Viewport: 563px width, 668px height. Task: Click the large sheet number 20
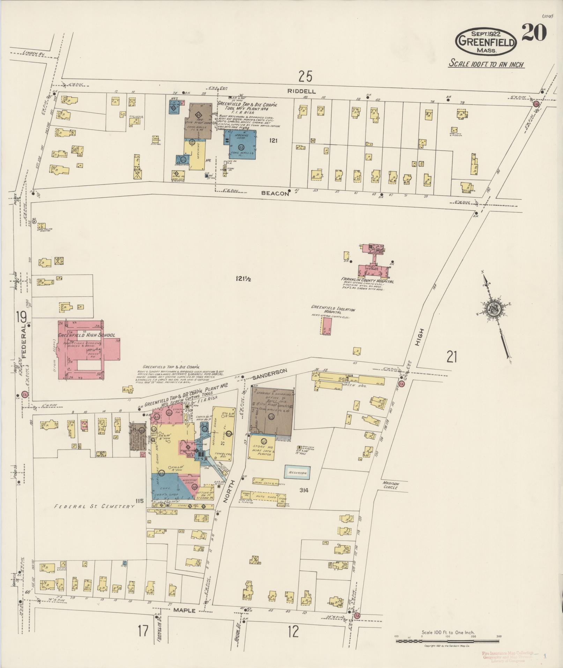[x=534, y=34]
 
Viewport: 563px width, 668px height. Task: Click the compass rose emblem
[x=495, y=308]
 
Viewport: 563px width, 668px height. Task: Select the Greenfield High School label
[x=86, y=335]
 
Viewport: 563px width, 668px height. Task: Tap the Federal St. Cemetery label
[x=94, y=506]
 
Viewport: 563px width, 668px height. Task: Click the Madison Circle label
[x=390, y=485]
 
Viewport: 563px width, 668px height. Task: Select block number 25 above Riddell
[x=305, y=76]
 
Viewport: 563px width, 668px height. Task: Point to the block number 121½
[x=243, y=279]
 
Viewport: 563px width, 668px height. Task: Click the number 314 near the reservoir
[x=304, y=490]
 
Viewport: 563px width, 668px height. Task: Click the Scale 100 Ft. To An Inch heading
[x=487, y=64]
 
